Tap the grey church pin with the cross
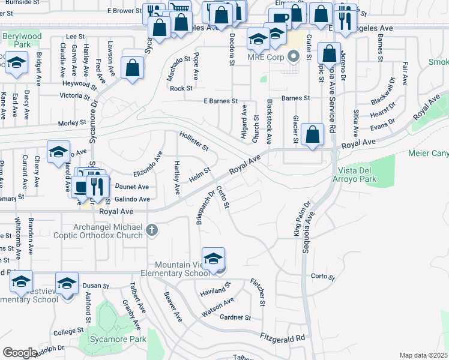[x=152, y=229]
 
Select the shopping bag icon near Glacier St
[x=313, y=134]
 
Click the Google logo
[x=20, y=352]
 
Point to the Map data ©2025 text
[x=423, y=355]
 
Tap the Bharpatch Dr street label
[x=205, y=208]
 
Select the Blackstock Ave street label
[x=270, y=122]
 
